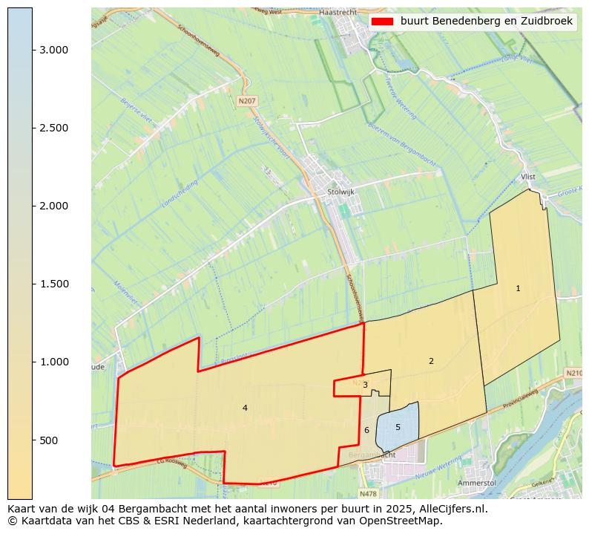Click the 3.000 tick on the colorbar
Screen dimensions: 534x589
(x=54, y=50)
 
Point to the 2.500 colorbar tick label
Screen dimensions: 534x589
(x=54, y=128)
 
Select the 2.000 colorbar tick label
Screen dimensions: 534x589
(x=54, y=206)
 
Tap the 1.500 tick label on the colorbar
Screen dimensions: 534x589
(x=54, y=284)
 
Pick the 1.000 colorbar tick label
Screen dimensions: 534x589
(x=54, y=362)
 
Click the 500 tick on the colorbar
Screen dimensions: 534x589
(x=49, y=440)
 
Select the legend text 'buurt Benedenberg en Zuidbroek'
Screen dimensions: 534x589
(x=486, y=22)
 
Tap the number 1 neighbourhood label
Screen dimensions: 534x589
(x=518, y=288)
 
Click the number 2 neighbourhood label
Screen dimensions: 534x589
(x=431, y=361)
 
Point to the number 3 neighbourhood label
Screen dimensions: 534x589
(x=365, y=385)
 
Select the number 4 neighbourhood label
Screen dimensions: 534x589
(x=245, y=408)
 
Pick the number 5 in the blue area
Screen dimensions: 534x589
(x=398, y=427)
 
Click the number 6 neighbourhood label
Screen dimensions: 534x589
(x=366, y=430)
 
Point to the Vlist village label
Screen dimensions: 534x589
(x=528, y=177)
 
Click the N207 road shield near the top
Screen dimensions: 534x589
(x=246, y=100)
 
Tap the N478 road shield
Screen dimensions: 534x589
(x=368, y=493)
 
